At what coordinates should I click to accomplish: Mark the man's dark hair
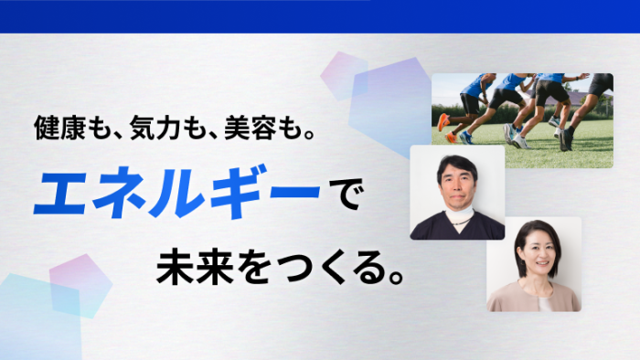(456, 161)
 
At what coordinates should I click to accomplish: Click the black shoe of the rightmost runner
(567, 141)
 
